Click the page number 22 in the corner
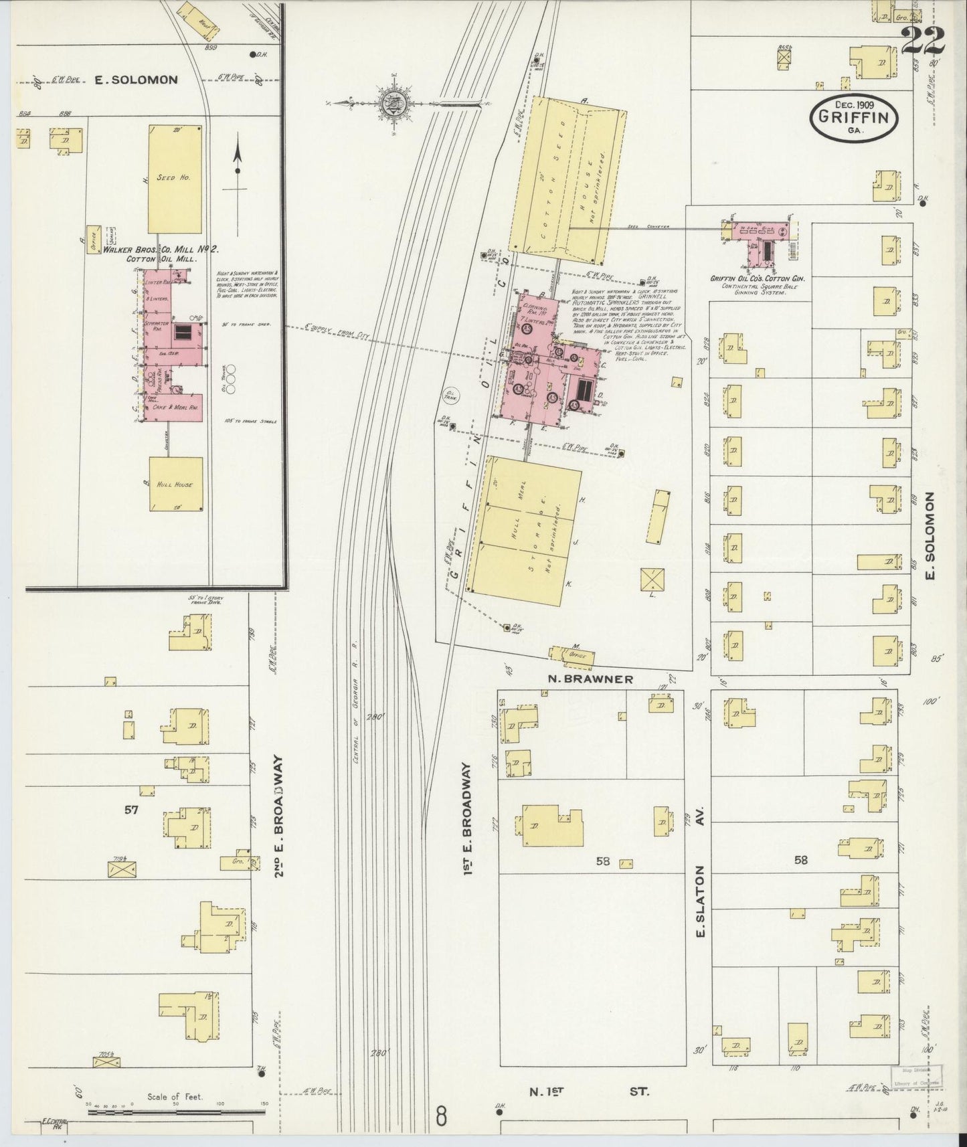pyautogui.click(x=922, y=42)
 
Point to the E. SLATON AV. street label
pyautogui.click(x=701, y=901)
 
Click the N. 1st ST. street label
pyautogui.click(x=589, y=1091)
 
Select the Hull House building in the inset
pyautogui.click(x=176, y=484)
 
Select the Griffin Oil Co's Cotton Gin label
pyautogui.click(x=757, y=278)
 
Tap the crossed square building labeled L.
pyautogui.click(x=652, y=579)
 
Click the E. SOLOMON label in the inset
pyautogui.click(x=136, y=80)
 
